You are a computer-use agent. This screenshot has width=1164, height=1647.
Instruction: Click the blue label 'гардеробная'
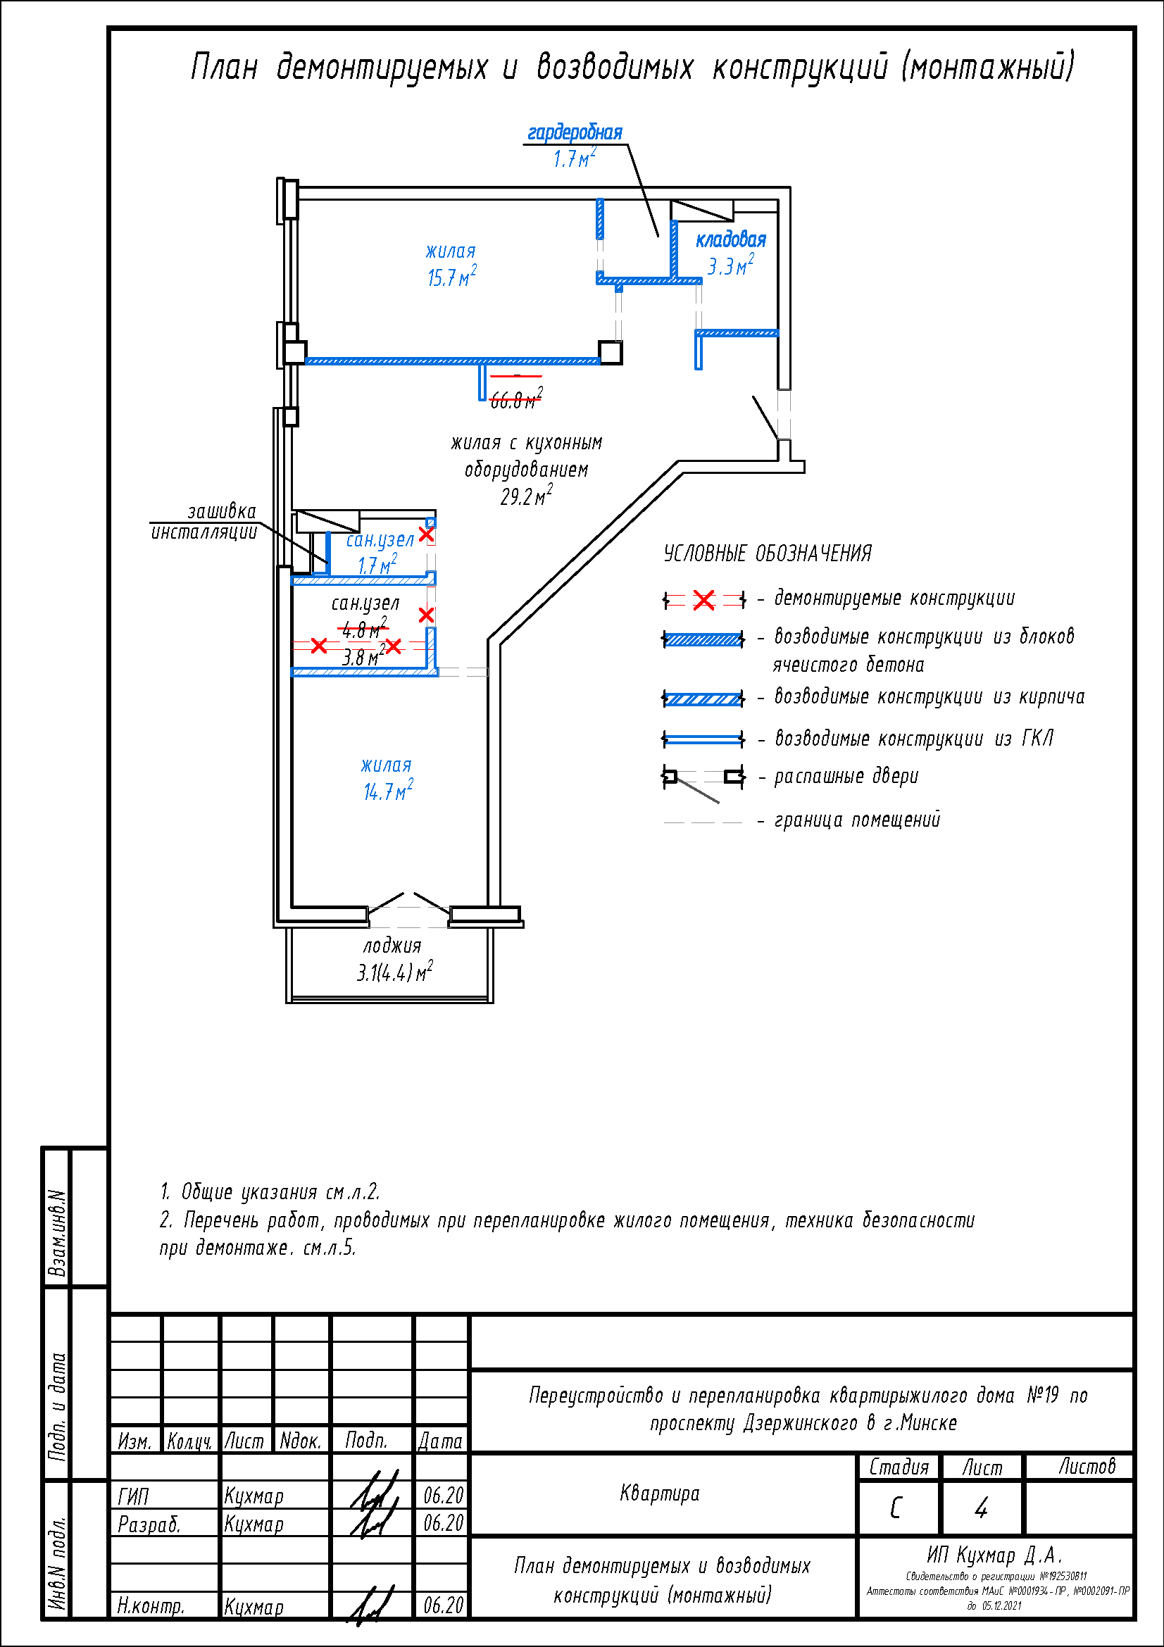575,132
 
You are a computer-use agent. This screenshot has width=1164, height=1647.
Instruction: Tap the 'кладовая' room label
730,240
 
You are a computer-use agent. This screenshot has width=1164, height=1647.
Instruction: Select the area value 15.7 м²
451,277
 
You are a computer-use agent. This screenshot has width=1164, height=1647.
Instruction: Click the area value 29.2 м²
526,496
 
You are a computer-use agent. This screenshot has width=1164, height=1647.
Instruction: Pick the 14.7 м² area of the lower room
387,791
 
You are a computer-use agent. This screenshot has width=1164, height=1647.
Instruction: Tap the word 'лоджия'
392,946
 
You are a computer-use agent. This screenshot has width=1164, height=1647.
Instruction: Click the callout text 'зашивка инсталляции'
204,522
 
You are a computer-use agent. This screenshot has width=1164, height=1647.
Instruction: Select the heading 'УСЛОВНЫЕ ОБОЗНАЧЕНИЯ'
768,553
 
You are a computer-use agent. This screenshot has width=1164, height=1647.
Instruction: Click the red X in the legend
703,600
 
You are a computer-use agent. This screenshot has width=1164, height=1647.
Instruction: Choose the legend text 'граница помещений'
856,820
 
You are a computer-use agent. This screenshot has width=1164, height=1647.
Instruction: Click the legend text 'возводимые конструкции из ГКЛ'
914,738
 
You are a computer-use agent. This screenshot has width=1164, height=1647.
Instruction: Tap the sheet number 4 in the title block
981,1508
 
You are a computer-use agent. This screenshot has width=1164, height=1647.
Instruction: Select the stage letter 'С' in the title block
896,1508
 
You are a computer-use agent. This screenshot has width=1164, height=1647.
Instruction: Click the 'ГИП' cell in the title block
133,1496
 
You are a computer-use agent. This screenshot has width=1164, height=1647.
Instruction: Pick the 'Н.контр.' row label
151,1606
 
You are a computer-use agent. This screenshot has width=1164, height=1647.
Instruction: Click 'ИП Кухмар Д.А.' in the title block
994,1555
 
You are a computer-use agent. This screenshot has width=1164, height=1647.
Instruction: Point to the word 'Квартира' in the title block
659,1493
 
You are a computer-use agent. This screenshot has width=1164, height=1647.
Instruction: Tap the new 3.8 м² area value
363,656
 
